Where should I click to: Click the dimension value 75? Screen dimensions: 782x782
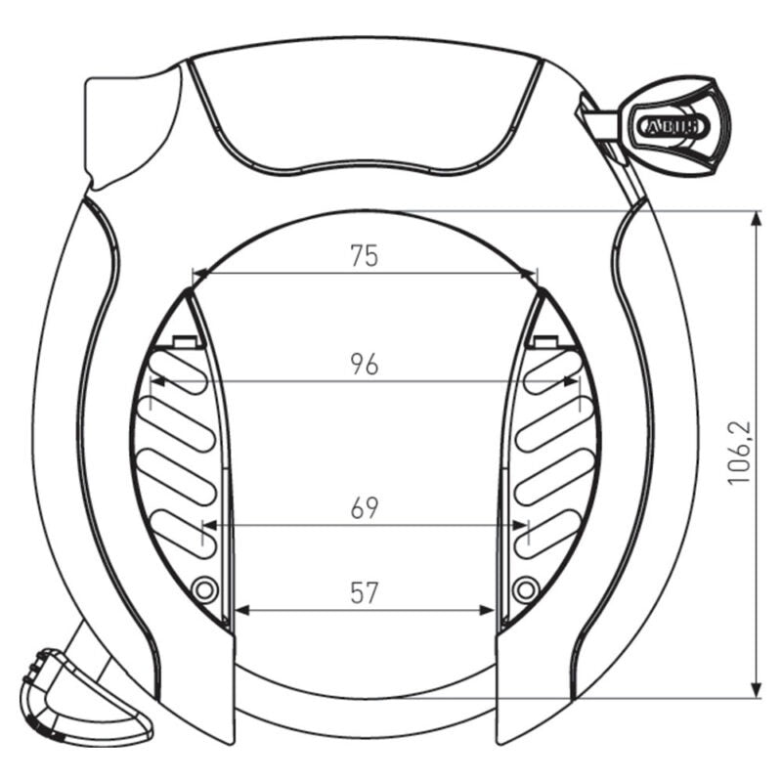coord(364,256)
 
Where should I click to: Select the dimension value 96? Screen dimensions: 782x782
coord(364,365)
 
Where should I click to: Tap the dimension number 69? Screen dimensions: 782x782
coord(364,508)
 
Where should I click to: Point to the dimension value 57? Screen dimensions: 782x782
coord(364,592)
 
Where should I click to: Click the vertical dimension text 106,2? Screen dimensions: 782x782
coord(739,454)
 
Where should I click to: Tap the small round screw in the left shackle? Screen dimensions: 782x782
coord(204,589)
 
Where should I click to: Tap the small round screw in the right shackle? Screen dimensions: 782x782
coord(525,588)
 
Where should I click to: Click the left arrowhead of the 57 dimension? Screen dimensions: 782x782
coord(242,611)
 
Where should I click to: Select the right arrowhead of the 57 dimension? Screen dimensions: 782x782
coord(489,611)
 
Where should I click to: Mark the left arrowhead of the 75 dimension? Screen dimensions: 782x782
coord(199,275)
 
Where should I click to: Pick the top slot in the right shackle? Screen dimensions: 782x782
coord(552,373)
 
